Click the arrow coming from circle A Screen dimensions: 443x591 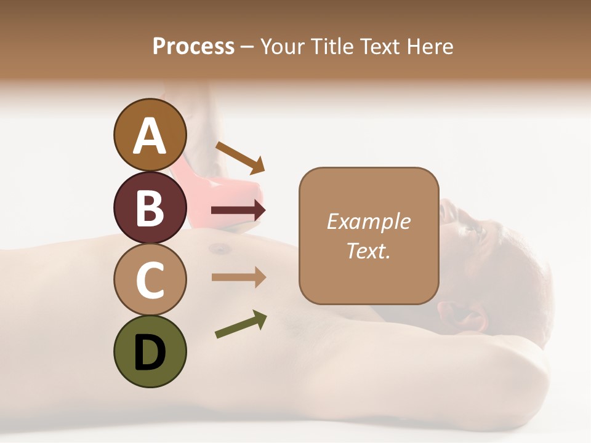pos(240,158)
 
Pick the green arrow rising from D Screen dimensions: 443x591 pos(241,324)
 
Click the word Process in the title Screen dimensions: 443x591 pos(193,46)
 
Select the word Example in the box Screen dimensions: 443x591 pos(368,221)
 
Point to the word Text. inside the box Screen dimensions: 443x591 pos(368,250)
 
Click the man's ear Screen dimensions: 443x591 pos(466,317)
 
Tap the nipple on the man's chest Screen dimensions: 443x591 pos(219,249)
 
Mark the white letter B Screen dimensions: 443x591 pos(150,208)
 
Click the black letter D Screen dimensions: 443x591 pos(150,352)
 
